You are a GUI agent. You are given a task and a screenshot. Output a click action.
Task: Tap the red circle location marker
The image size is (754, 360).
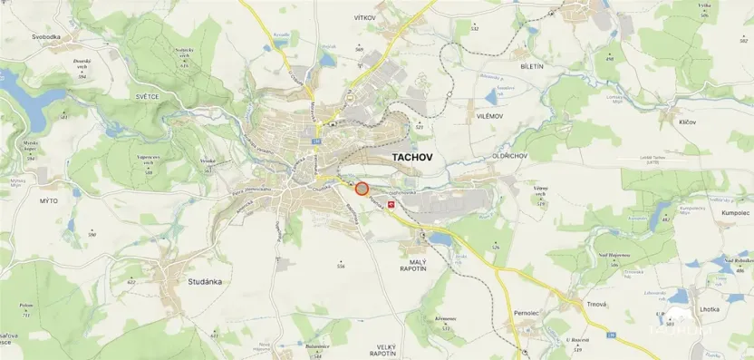click(x=362, y=189)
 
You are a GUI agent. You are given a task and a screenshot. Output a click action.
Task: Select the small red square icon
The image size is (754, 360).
click(x=391, y=206)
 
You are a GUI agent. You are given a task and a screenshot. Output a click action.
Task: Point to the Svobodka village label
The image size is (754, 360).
click(x=45, y=36)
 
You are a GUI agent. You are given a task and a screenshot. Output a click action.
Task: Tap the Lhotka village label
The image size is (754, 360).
click(x=710, y=309)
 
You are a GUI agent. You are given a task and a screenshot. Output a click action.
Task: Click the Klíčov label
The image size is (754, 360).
click(x=687, y=122)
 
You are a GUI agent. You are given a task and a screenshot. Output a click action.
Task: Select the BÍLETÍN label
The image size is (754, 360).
click(x=532, y=66)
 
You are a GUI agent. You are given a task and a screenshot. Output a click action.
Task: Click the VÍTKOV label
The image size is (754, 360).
click(x=364, y=17)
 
